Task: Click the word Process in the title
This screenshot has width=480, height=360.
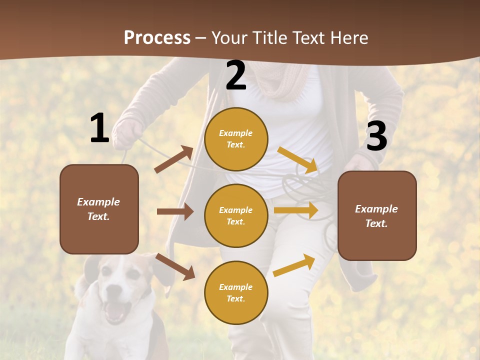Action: coord(157,37)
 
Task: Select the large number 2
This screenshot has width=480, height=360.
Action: coord(236,75)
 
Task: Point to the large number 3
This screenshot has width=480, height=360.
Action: coord(376,136)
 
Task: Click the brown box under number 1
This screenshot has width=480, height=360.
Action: coord(99,209)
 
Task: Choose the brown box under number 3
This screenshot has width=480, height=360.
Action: coord(377,215)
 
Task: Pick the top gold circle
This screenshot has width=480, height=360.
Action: coord(236,139)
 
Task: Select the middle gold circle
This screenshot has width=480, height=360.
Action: coord(236,215)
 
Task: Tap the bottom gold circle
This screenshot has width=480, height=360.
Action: coord(236,292)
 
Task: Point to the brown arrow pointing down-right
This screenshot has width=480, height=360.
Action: coord(175,266)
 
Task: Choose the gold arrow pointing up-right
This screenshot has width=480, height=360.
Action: coord(294,265)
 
